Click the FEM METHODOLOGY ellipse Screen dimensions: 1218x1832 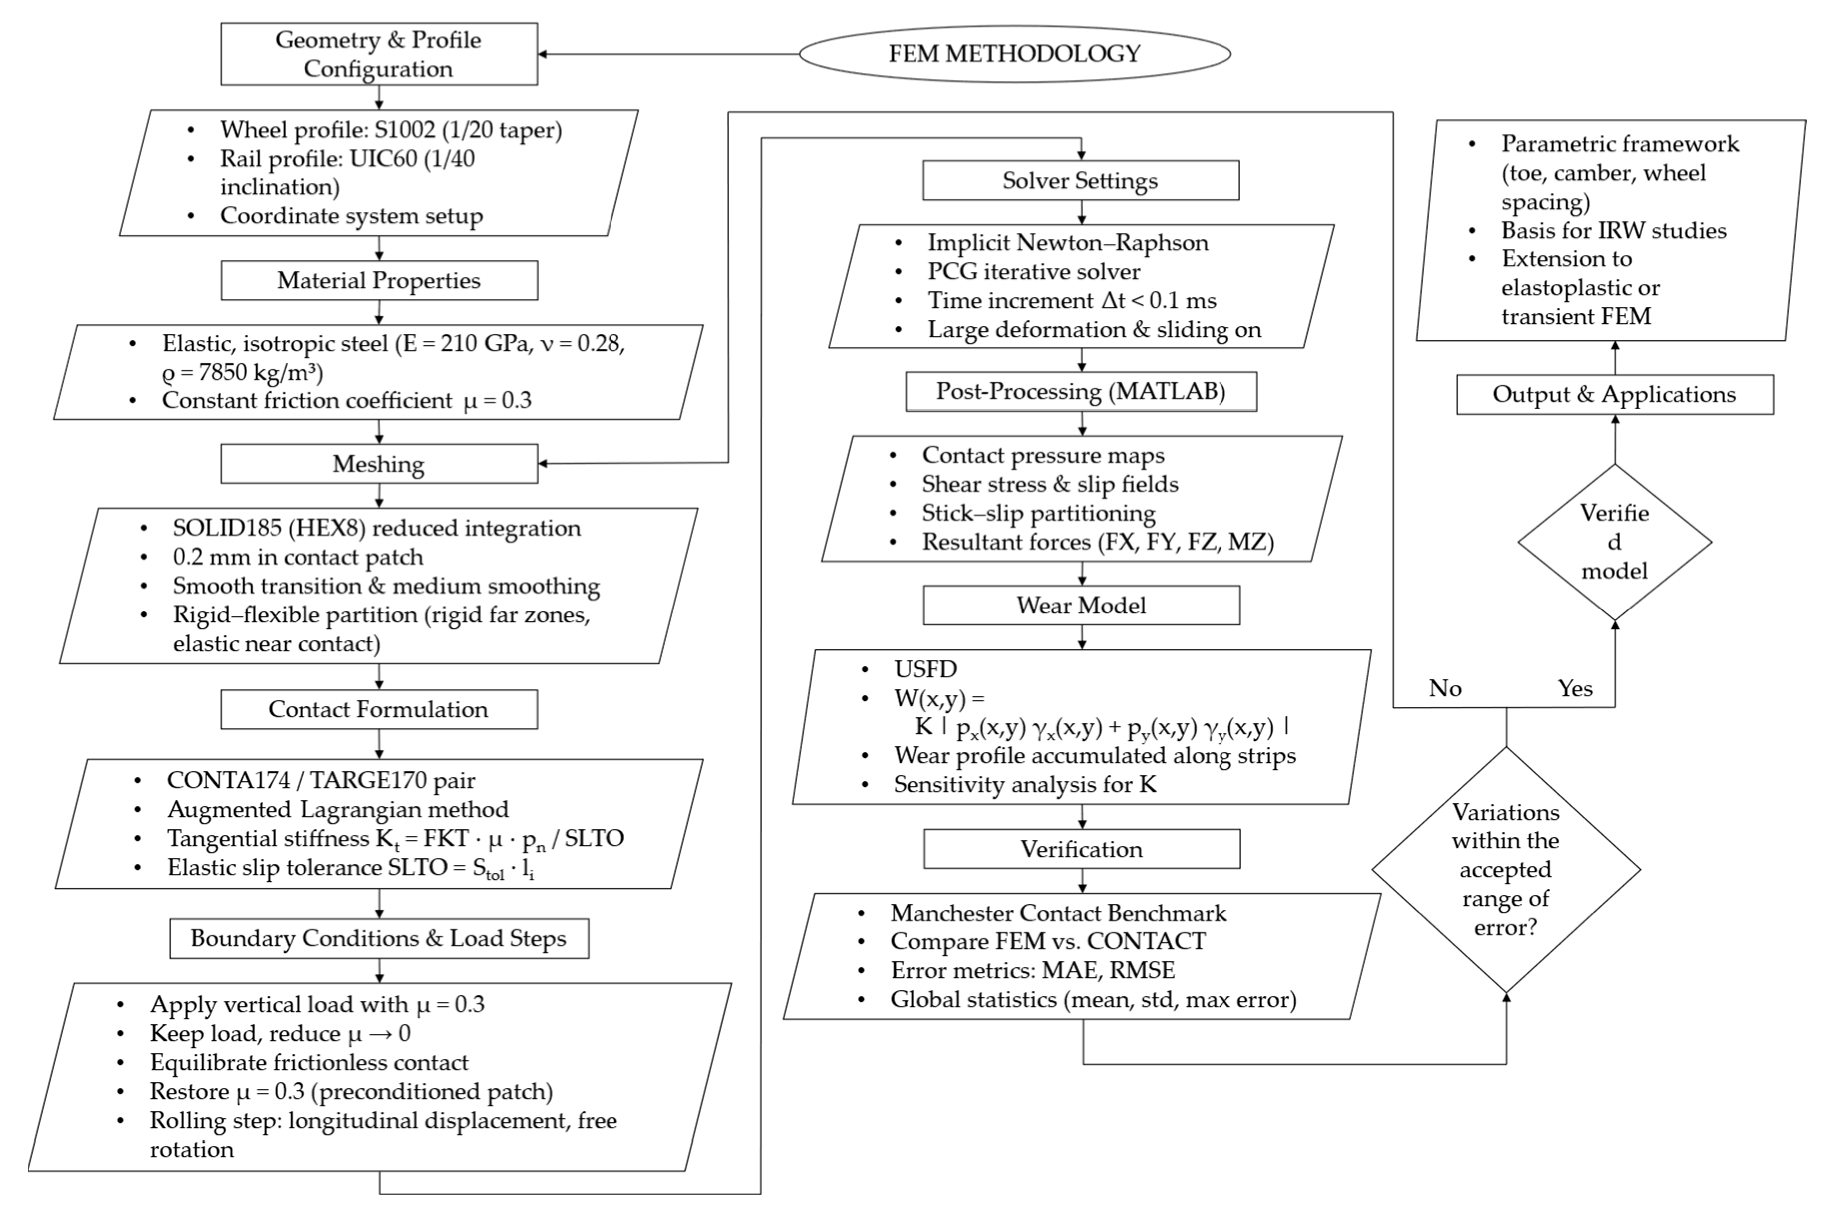[1014, 53]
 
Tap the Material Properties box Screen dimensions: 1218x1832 [378, 281]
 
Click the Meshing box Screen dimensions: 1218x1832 [378, 464]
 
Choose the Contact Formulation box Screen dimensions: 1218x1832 [378, 709]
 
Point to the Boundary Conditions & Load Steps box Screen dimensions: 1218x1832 [378, 938]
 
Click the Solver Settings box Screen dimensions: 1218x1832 [1080, 180]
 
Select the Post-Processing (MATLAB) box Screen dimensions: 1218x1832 [1080, 391]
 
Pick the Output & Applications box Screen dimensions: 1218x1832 [1614, 395]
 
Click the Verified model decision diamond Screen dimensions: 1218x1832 [1614, 542]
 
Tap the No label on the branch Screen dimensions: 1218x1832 [1445, 688]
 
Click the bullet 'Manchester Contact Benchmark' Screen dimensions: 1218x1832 [1058, 913]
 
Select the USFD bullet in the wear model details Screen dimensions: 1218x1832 [925, 669]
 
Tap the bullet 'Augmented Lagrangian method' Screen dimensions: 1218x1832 [338, 809]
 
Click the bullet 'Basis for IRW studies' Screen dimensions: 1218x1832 [1613, 231]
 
